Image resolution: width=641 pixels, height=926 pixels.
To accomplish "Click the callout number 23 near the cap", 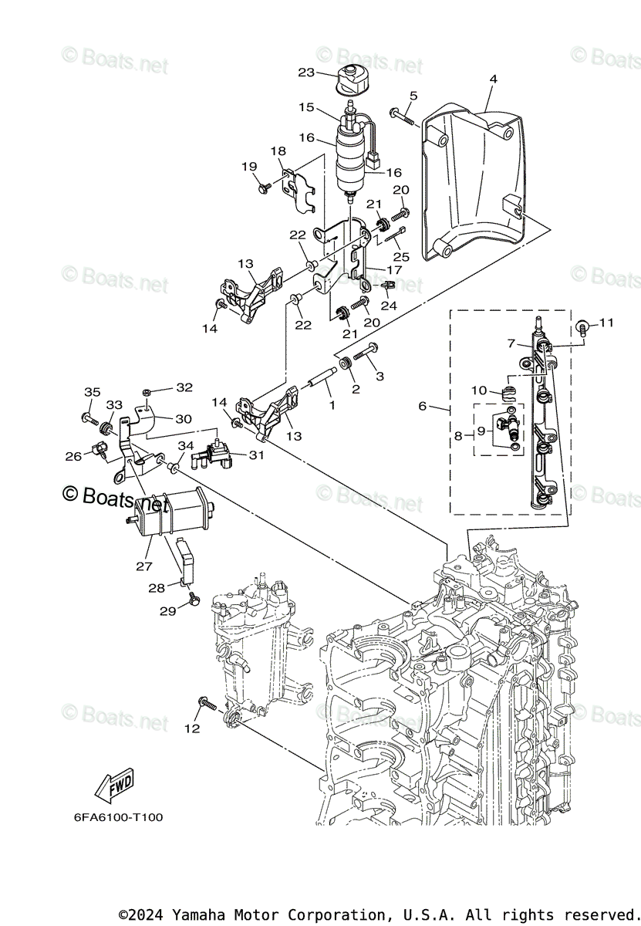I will [x=306, y=73].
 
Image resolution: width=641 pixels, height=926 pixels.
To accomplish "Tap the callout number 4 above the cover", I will [x=493, y=79].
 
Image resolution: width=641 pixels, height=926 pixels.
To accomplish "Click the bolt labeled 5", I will [x=402, y=116].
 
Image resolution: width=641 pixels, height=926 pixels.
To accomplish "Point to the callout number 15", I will [x=306, y=107].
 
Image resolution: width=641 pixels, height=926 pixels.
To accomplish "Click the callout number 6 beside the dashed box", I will [x=443, y=407].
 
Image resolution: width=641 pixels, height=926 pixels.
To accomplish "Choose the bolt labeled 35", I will [x=87, y=419].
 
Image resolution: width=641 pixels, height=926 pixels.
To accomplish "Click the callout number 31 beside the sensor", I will [x=256, y=455].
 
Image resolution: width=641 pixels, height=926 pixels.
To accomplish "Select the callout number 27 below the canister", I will [x=143, y=566].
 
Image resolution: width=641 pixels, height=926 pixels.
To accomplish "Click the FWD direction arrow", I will [x=113, y=785].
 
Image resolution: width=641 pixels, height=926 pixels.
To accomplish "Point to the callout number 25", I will [x=399, y=255].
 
